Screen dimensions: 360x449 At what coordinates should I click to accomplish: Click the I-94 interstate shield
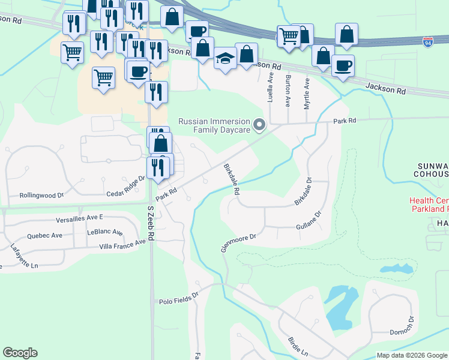pos(427,43)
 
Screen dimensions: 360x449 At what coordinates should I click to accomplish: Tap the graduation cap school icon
pos(225,59)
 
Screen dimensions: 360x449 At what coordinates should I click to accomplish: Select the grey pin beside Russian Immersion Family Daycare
pos(259,125)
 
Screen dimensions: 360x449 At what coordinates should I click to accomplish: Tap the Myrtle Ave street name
pos(307,94)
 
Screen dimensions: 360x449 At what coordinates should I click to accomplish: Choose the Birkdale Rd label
pos(232,179)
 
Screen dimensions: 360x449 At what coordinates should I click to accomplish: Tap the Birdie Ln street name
pos(298,345)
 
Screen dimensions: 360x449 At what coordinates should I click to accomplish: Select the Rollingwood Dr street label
pos(41,195)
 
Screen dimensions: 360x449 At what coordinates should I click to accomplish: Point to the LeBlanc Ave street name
pos(104,232)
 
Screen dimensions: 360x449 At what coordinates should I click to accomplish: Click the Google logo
pos(20,353)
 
